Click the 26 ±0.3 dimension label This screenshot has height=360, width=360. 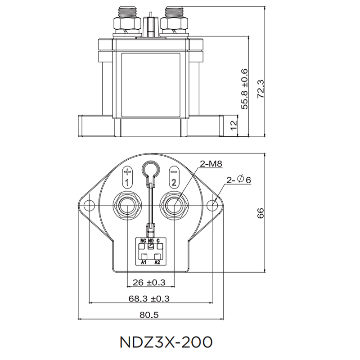click(x=149, y=282)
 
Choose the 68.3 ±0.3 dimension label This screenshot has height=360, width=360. click(x=152, y=298)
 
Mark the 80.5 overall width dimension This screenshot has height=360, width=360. click(x=149, y=315)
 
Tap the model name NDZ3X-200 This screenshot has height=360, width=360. click(x=166, y=342)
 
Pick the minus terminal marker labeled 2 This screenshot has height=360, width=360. click(x=173, y=177)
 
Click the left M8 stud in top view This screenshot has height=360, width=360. click(x=127, y=205)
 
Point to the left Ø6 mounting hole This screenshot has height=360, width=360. click(x=87, y=205)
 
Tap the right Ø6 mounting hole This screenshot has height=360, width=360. click(x=213, y=205)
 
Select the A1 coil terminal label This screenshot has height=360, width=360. click(x=144, y=261)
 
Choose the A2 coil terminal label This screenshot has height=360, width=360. click(x=157, y=261)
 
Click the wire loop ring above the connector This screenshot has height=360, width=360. click(x=150, y=170)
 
